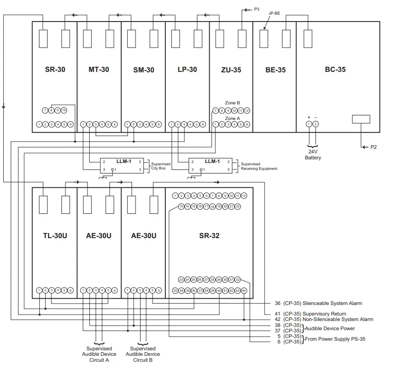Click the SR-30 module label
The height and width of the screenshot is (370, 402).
55,70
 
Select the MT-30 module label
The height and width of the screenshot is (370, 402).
98,70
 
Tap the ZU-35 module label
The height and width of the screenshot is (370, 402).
231,70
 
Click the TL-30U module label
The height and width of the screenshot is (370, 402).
55,236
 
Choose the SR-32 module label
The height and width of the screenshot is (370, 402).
209,236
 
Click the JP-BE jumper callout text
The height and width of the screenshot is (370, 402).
274,14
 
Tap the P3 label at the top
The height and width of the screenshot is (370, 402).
257,8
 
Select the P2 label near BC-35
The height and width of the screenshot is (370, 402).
374,147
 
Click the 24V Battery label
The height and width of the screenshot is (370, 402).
313,155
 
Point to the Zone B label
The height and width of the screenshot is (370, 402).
233,103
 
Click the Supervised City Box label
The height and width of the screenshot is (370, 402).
161,166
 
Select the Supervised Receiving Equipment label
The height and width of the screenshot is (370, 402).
259,166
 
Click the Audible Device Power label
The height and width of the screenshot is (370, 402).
330,328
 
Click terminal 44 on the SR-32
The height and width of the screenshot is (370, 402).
244,291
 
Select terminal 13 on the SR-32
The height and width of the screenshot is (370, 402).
181,207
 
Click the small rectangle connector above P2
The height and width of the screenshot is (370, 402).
361,119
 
